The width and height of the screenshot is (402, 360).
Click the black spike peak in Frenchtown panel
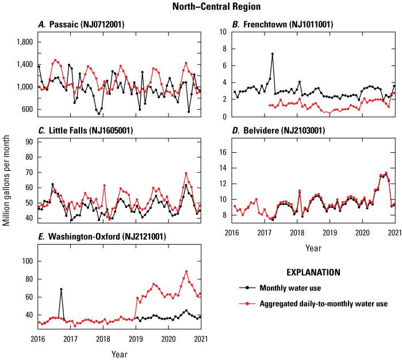coord(272,54)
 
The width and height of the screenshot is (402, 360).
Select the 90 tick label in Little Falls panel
coord(27,141)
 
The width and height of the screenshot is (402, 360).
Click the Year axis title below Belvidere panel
coord(313,249)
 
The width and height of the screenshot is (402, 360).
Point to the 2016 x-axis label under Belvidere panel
coord(232,235)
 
